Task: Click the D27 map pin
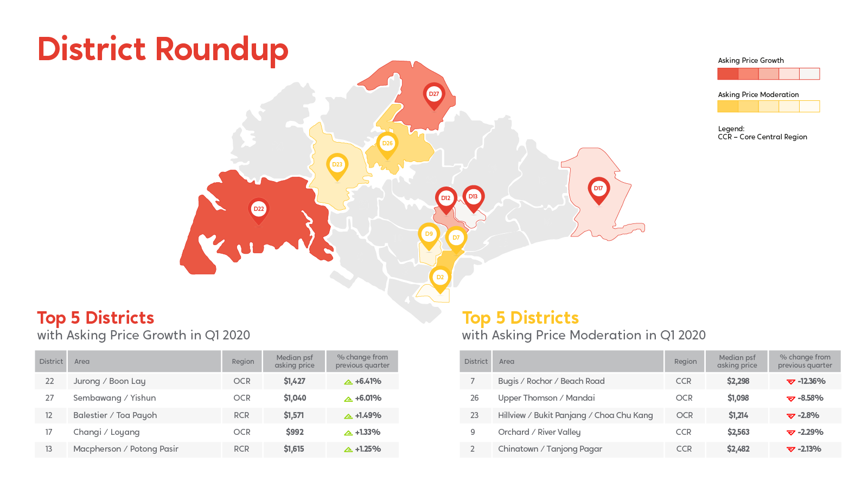tap(433, 95)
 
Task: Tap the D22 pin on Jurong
tap(258, 210)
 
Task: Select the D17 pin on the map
tap(599, 190)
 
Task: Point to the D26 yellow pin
tap(387, 144)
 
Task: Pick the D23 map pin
tap(337, 166)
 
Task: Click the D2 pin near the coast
tap(440, 279)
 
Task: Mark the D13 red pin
tap(473, 198)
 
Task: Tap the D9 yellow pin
tap(429, 235)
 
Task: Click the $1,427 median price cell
tap(295, 381)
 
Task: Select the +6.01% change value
tap(368, 398)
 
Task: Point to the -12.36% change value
tap(812, 381)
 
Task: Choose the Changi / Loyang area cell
tap(106, 432)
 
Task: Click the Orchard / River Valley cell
tap(539, 432)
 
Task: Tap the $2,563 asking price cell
tap(738, 432)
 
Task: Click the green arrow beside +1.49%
tap(348, 416)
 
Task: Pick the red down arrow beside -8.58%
tap(791, 399)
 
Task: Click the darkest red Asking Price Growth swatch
tap(727, 74)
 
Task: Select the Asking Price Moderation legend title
tap(758, 94)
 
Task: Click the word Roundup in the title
tap(222, 50)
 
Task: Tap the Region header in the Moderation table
tap(685, 361)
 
